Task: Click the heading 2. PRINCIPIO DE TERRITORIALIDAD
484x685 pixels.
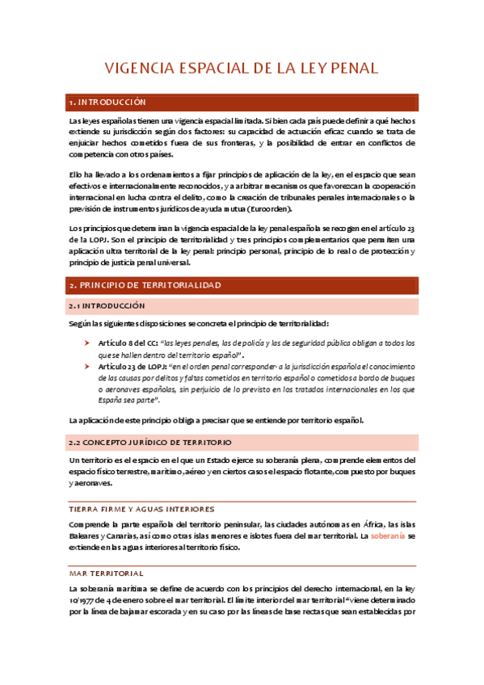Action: coord(145,286)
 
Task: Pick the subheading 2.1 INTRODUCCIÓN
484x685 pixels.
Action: coord(107,306)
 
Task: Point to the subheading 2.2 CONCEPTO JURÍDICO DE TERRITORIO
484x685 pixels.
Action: coord(151,443)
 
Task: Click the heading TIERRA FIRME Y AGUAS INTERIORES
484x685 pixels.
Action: coord(141,509)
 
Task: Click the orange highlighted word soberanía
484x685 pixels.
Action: coord(389,536)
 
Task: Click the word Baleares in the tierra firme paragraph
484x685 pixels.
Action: coord(83,536)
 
